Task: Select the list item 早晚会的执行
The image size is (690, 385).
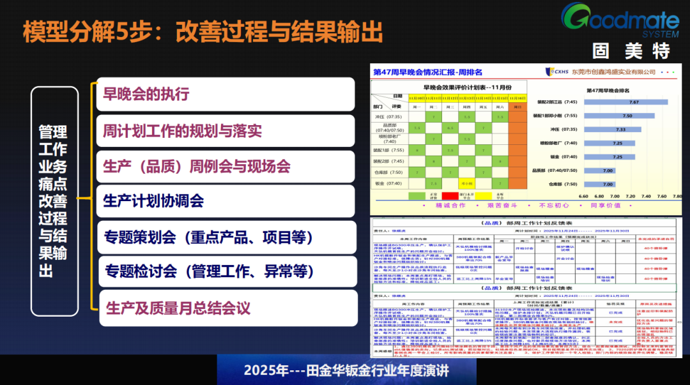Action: click(146, 94)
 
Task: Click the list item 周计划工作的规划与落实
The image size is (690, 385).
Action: click(182, 131)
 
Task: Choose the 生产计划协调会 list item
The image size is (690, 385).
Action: click(153, 200)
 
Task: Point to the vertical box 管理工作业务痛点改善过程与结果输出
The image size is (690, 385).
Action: click(54, 200)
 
